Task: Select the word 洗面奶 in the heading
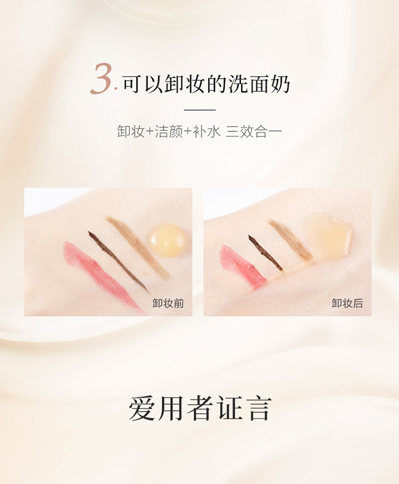pos(259,84)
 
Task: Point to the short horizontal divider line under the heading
pos(199,110)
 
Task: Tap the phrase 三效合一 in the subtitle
pos(254,131)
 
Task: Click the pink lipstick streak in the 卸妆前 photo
pos(101,276)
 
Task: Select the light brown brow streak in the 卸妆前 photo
pos(137,247)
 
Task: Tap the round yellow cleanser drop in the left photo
pos(167,239)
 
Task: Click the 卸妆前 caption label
pos(168,303)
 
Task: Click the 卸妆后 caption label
pos(347,303)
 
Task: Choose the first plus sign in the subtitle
pos(149,132)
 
